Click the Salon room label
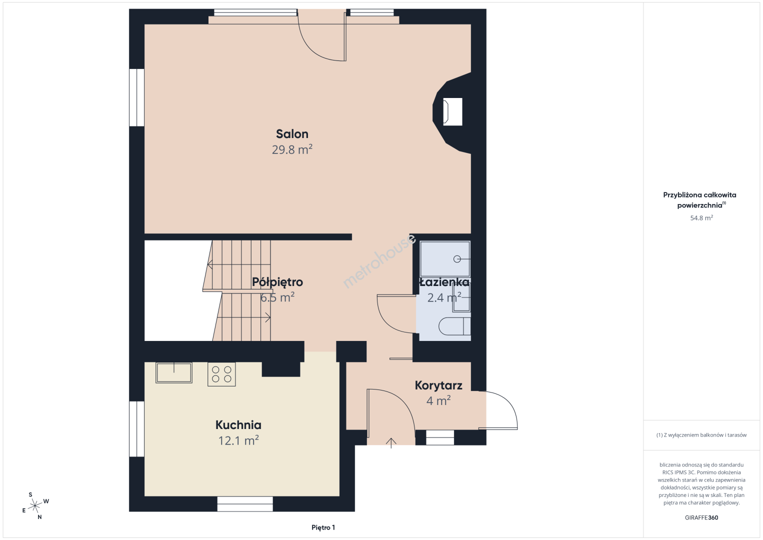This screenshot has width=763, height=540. [292, 134]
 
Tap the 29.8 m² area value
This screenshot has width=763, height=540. [292, 149]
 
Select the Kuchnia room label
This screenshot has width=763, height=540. [238, 425]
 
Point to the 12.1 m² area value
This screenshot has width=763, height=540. [238, 440]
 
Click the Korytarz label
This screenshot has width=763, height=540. [438, 385]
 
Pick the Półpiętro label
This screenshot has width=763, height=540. [277, 282]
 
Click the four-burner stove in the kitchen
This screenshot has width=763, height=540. [221, 374]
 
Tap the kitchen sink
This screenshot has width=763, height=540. [173, 372]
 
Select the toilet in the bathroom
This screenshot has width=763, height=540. [454, 326]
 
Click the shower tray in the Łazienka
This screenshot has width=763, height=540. [445, 259]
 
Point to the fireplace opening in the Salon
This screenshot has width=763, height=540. [452, 111]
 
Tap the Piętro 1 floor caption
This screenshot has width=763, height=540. [323, 527]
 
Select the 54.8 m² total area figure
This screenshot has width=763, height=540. [701, 217]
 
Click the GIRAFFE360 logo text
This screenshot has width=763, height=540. [701, 517]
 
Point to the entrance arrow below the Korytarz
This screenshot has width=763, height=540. [391, 443]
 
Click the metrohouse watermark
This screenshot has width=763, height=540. [379, 261]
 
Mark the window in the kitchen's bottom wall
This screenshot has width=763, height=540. [245, 504]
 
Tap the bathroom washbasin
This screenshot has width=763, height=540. [461, 298]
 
